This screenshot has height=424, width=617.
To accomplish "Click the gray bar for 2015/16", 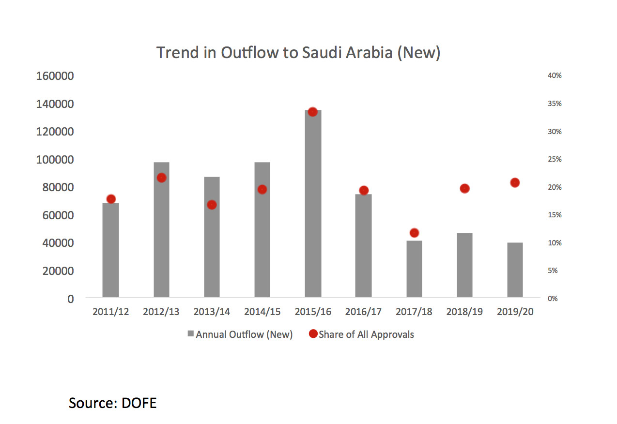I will (x=313, y=203).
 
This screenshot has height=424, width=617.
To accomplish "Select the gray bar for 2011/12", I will (x=111, y=250).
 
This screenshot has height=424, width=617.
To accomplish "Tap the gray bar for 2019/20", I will (x=515, y=270).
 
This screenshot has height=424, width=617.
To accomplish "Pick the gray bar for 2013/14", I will (x=212, y=237).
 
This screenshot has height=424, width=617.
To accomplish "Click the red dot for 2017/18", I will (x=414, y=233).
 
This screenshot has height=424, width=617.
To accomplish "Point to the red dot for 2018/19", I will (x=464, y=188).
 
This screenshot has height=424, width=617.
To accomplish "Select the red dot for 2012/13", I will (x=162, y=178).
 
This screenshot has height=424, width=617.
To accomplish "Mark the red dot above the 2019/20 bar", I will (x=515, y=182).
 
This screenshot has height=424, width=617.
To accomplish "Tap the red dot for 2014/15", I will (x=262, y=189).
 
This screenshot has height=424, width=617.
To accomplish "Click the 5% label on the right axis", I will (x=553, y=271).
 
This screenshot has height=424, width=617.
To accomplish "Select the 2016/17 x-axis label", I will (x=363, y=312).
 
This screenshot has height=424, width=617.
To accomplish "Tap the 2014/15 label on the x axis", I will (x=262, y=312).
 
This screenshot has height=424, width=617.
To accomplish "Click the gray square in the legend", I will (x=191, y=334).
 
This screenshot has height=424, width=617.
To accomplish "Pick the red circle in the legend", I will (x=313, y=334).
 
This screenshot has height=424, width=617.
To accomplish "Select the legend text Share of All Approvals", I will (x=366, y=334).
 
